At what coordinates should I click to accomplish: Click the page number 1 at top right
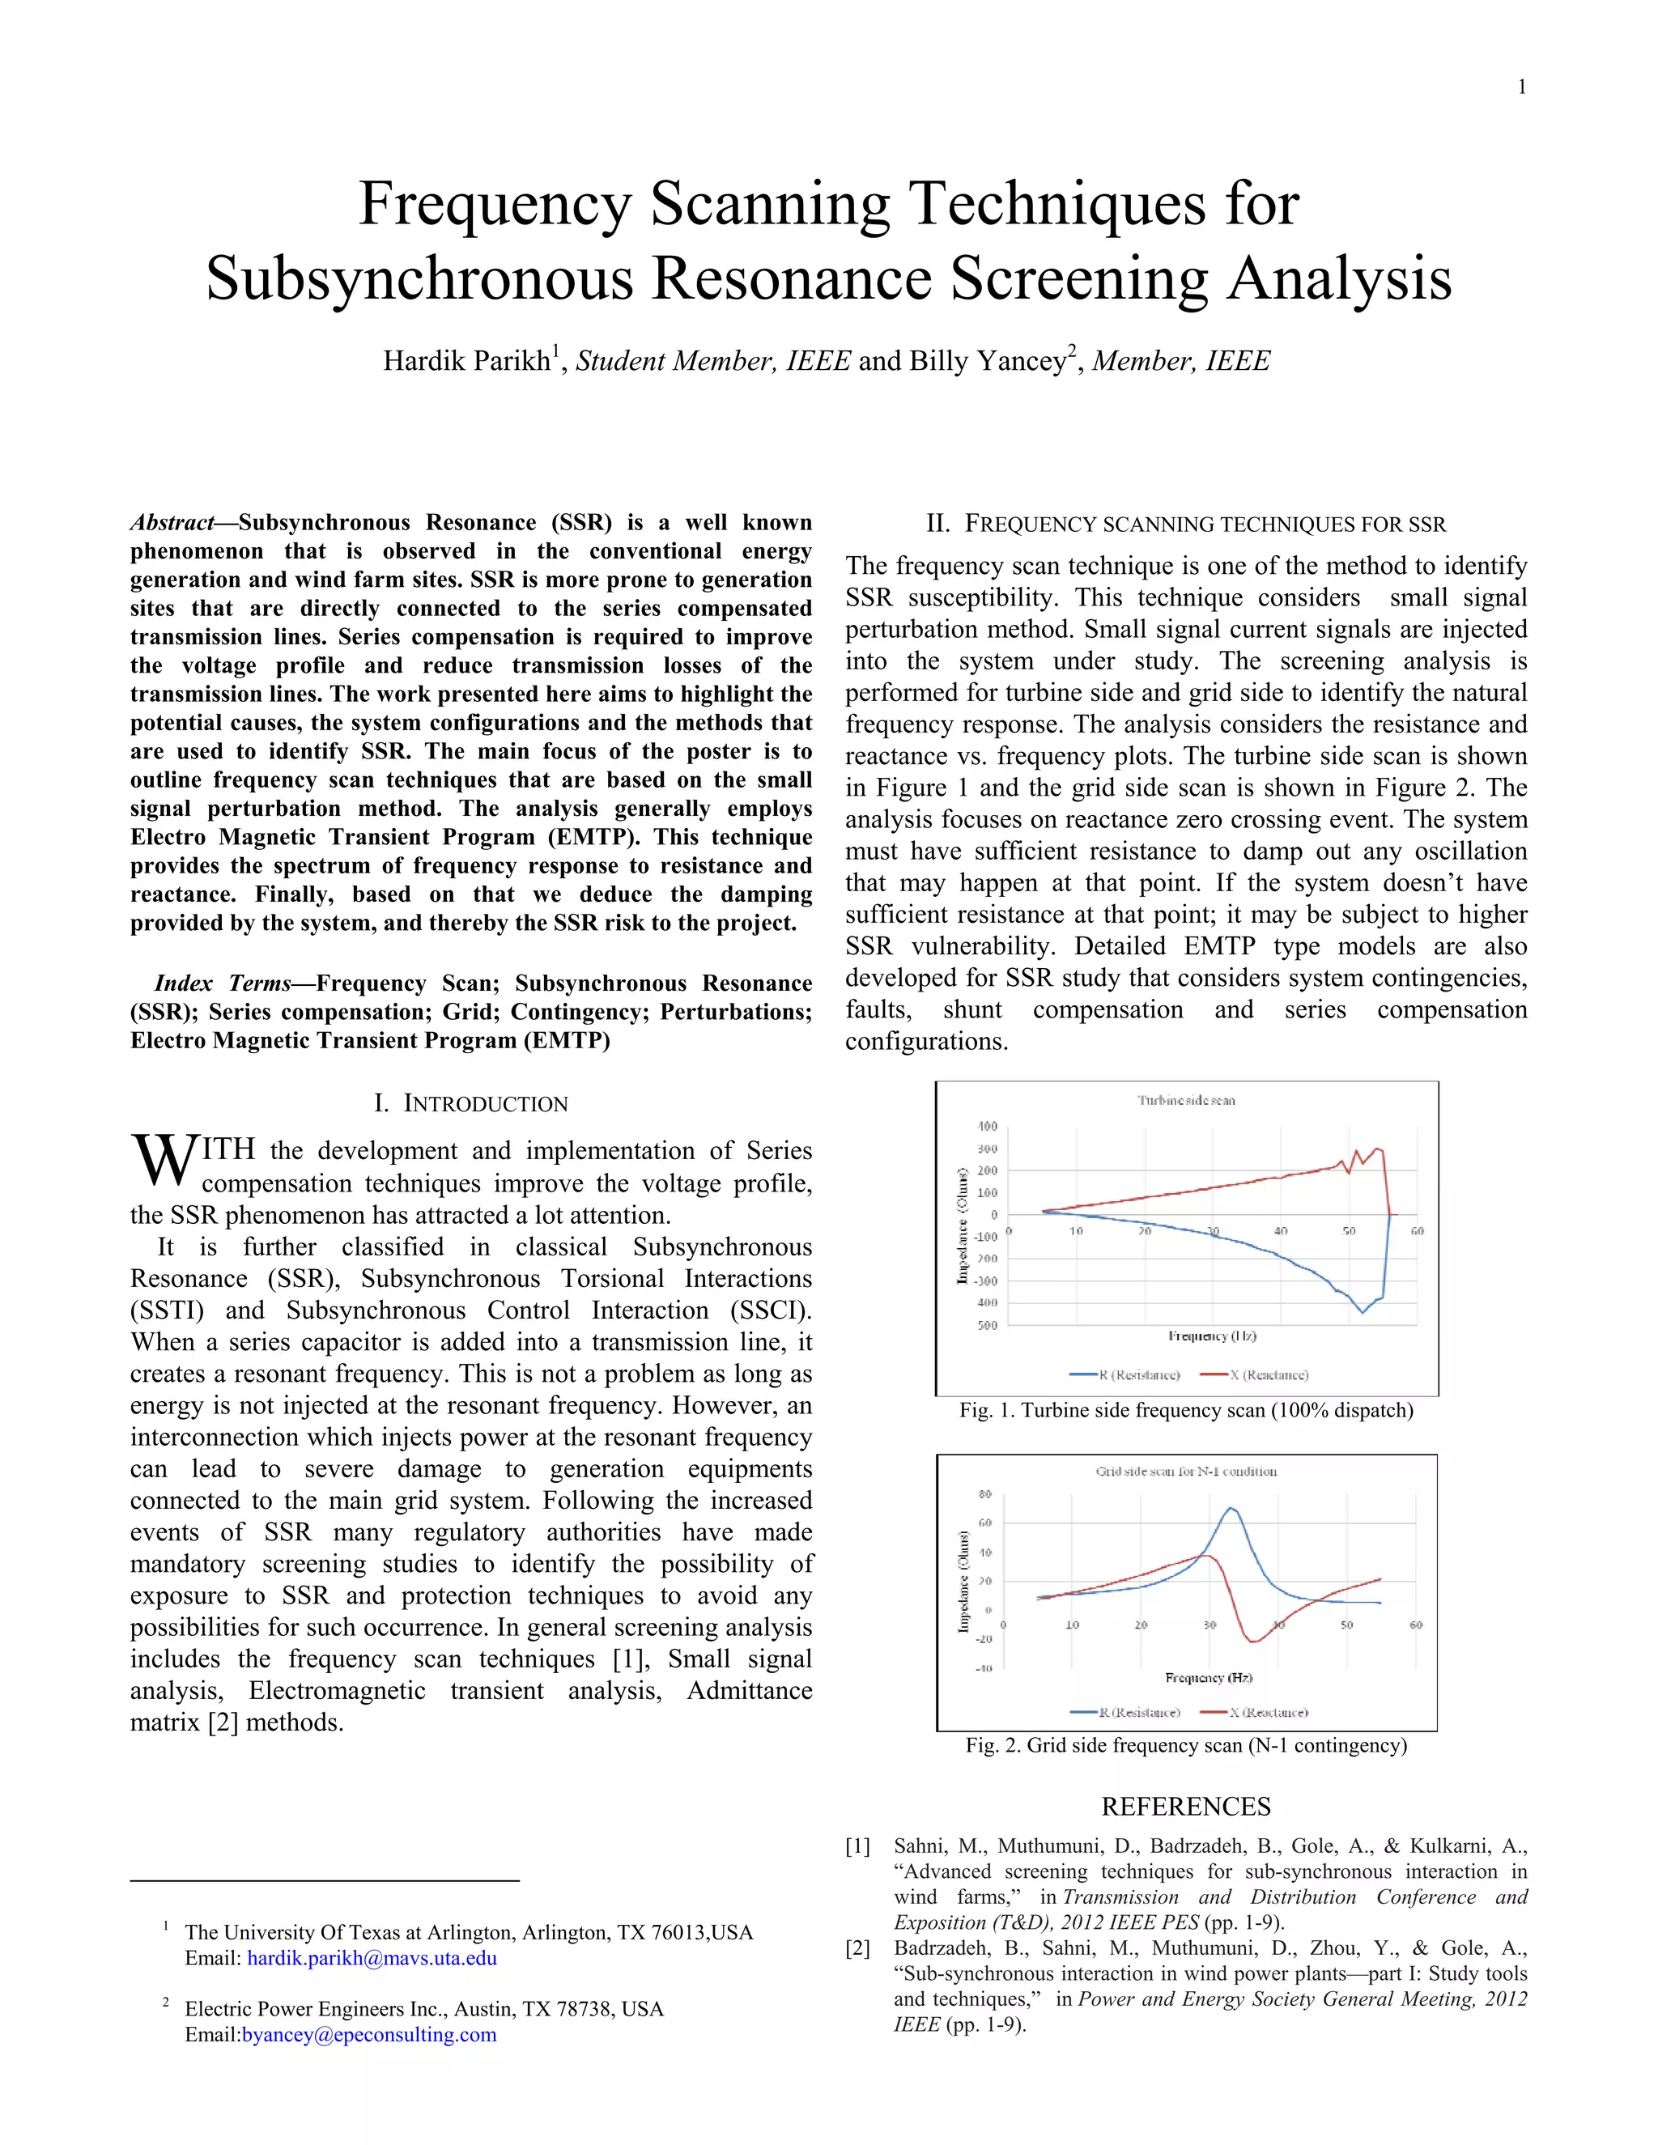1521,87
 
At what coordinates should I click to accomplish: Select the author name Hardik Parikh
466,362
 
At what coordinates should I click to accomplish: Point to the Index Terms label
222,983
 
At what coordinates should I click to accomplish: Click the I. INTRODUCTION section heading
470,1104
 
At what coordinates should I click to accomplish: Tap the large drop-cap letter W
163,1160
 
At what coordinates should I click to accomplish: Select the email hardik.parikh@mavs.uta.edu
372,1958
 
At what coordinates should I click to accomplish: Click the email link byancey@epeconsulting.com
368,2035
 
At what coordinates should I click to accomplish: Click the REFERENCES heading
1185,1806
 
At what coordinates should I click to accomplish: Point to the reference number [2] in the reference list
857,1948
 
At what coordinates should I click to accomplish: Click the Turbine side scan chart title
1185,1100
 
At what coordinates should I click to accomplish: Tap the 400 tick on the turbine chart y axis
987,1127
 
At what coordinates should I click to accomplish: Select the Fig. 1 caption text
1185,1410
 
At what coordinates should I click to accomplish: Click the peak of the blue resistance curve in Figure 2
1230,1508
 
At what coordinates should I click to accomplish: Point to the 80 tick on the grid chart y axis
985,1494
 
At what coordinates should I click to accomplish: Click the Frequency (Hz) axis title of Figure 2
1208,1677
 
